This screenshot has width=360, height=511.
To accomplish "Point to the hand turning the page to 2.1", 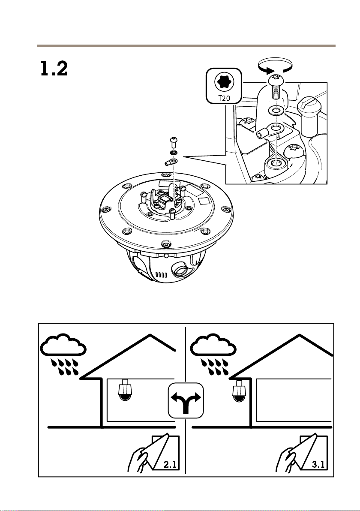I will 138,458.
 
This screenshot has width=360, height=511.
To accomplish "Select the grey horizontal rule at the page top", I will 185,46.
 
